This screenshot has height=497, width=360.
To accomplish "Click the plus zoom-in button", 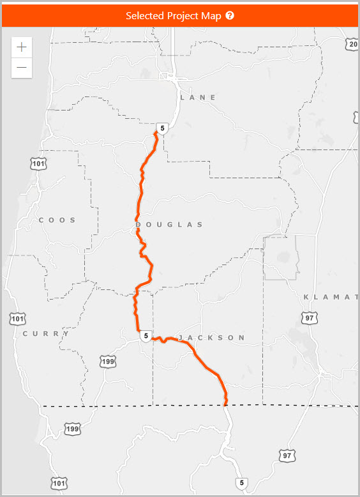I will pyautogui.click(x=22, y=47).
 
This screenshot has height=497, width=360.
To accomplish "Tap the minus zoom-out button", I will pyautogui.click(x=22, y=67).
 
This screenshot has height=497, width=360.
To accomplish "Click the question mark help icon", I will pyautogui.click(x=230, y=15).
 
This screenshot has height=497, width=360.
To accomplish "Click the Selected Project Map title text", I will pyautogui.click(x=173, y=16).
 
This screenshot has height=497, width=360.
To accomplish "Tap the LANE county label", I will pyautogui.click(x=199, y=97).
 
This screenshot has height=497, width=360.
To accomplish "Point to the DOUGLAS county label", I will pyautogui.click(x=169, y=224).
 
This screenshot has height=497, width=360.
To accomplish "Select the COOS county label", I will pyautogui.click(x=57, y=220).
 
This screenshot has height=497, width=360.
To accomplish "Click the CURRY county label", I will pyautogui.click(x=46, y=333).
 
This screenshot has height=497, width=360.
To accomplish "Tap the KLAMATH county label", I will pyautogui.click(x=331, y=297).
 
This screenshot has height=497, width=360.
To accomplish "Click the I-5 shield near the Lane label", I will pyautogui.click(x=163, y=128).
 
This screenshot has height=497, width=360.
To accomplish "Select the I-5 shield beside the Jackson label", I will pyautogui.click(x=146, y=336).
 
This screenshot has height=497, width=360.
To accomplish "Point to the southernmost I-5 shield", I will pyautogui.click(x=240, y=483).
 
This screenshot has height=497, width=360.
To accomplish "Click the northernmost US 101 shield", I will pyautogui.click(x=38, y=164).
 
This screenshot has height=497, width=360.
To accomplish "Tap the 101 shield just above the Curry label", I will pyautogui.click(x=18, y=318).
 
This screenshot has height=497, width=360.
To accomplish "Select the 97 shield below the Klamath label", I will pyautogui.click(x=310, y=318).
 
